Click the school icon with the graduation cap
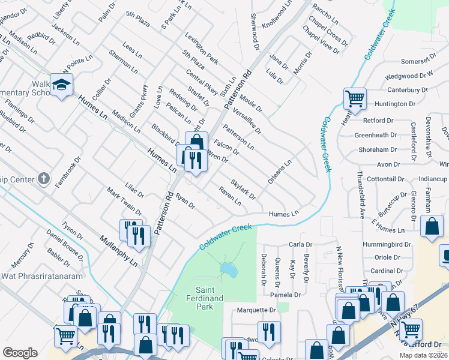pos(61,85)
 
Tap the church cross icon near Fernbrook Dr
pos(43,178)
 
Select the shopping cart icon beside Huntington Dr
pos(355,98)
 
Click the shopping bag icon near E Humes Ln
pos(432,227)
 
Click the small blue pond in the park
pos(228,271)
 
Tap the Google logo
pos(20,352)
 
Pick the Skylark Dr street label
pos(243,188)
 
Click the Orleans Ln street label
pos(280,171)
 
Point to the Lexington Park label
pos(201,48)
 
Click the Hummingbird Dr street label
pos(385,245)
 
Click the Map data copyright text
pos(423,355)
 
